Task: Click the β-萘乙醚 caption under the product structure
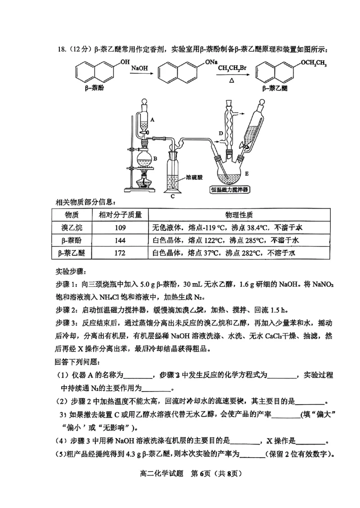click(274, 89)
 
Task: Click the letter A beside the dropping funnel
click(153, 120)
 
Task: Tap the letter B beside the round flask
click(154, 158)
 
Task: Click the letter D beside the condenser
click(221, 133)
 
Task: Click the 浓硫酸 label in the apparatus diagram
click(195, 177)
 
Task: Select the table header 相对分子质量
click(120, 214)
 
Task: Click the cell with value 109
click(120, 227)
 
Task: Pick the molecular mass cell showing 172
click(120, 253)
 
